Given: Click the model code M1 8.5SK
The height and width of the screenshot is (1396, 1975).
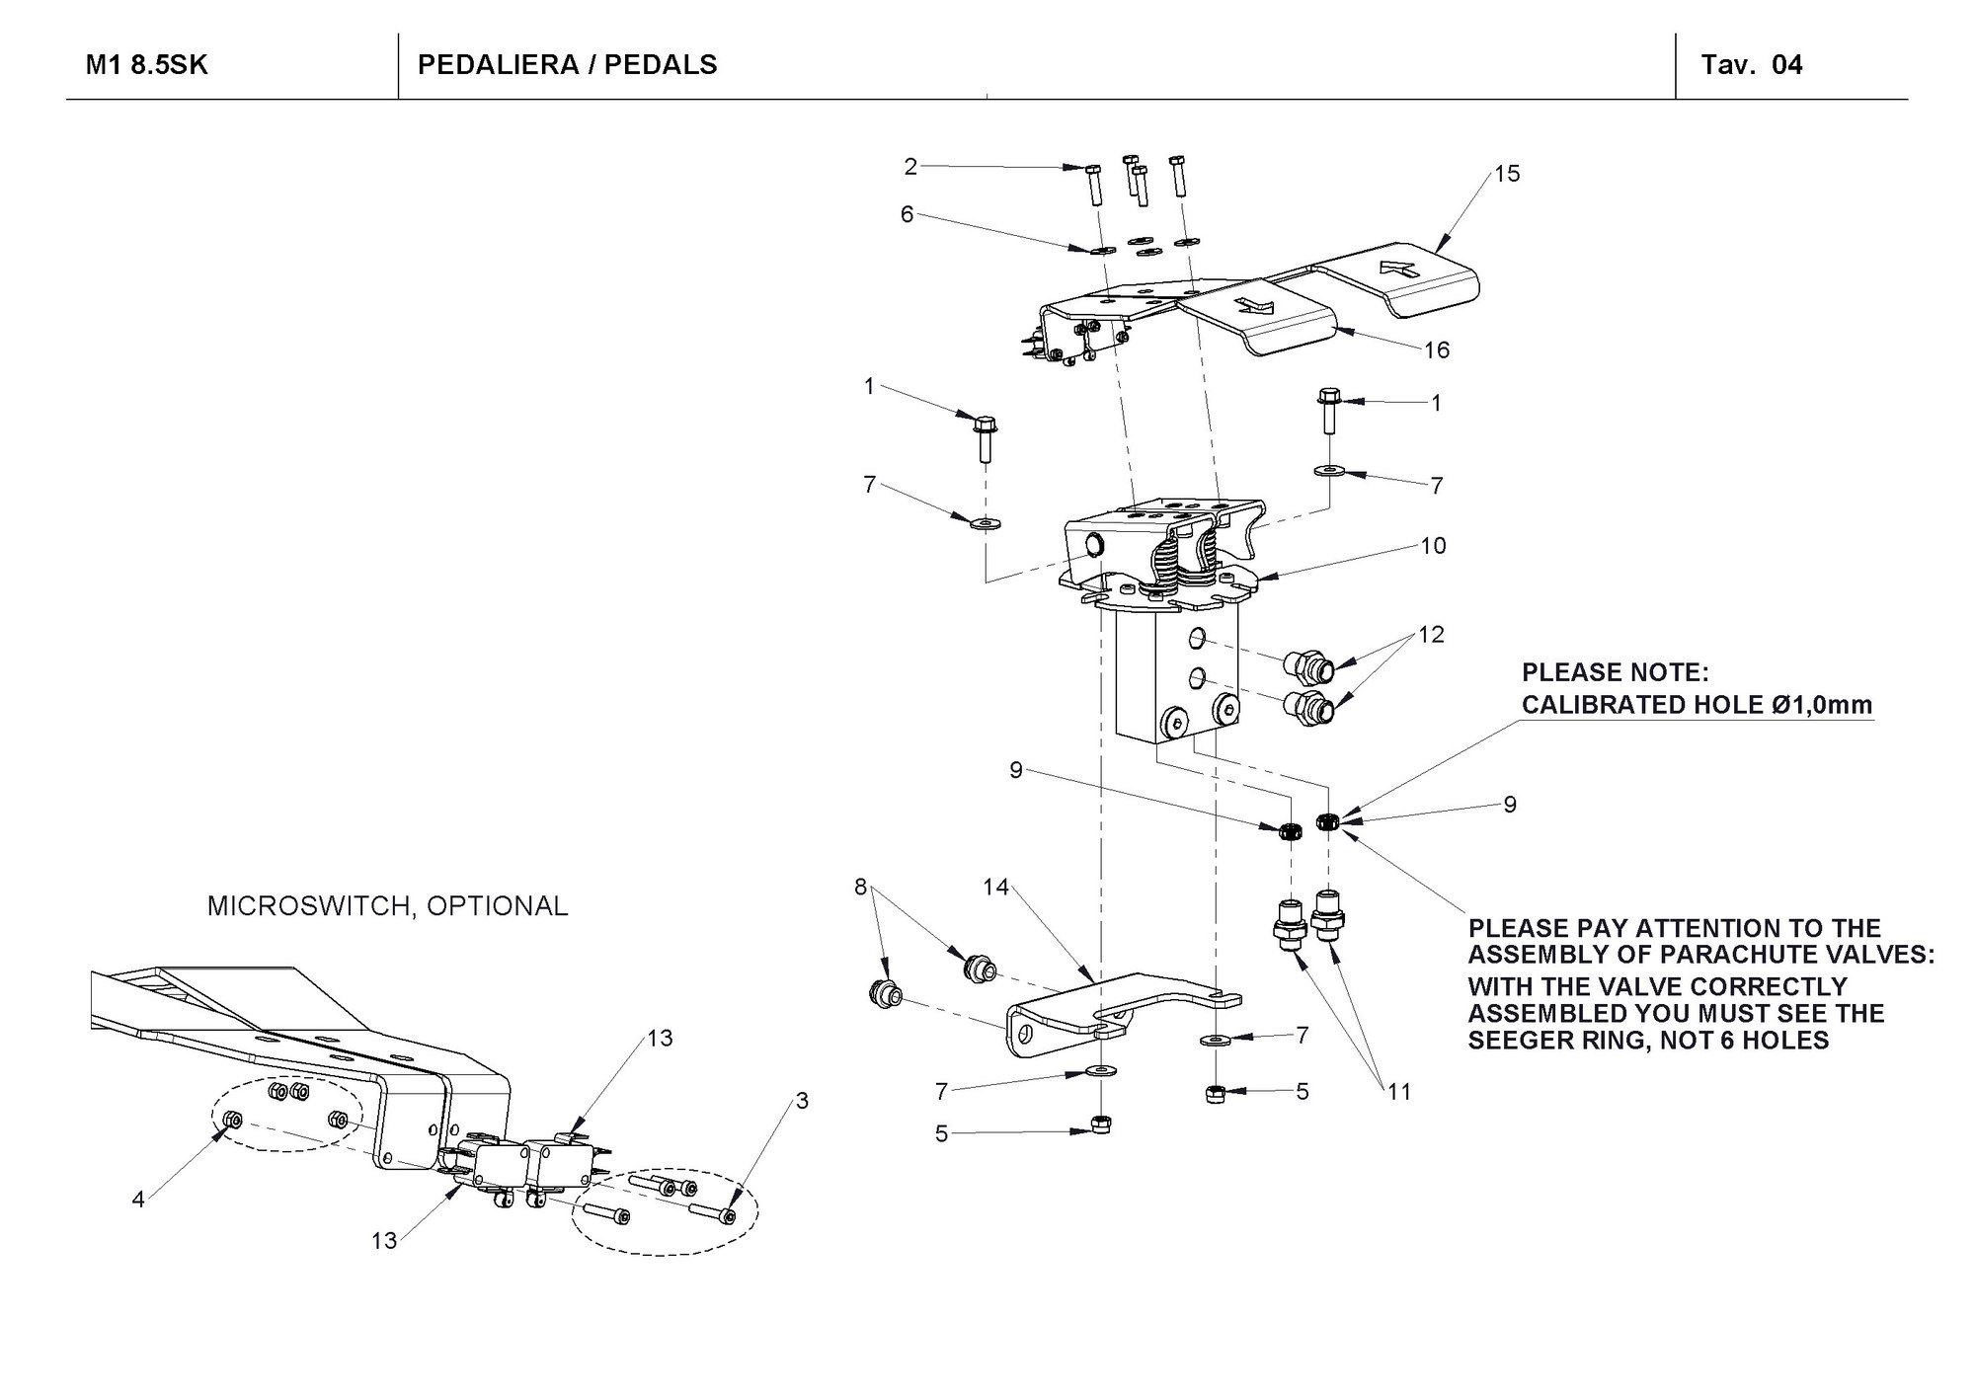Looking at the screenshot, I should click(x=147, y=65).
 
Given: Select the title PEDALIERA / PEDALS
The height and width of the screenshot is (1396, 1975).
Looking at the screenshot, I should click(x=567, y=65).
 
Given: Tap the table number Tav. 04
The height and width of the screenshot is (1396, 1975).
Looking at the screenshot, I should click(x=1751, y=65).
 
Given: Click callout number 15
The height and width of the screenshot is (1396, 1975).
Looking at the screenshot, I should click(x=1507, y=174).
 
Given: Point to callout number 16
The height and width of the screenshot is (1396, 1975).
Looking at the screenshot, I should click(x=1436, y=349).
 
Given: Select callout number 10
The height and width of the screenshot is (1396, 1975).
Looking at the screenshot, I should click(x=1433, y=546).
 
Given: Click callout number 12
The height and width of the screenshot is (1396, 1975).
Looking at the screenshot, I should click(x=1431, y=635).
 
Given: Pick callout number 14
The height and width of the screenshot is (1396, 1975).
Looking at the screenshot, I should click(x=995, y=887).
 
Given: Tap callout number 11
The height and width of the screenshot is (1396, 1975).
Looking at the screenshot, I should click(x=1399, y=1091).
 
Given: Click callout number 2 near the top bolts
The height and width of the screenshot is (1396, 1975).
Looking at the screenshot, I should click(x=910, y=167).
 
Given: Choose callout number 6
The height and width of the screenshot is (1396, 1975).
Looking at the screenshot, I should click(x=907, y=213).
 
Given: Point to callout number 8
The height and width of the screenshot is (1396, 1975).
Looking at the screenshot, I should click(x=861, y=887).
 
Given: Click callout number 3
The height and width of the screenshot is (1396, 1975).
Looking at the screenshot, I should click(x=802, y=1100).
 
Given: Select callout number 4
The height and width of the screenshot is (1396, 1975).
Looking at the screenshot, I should click(x=138, y=1199).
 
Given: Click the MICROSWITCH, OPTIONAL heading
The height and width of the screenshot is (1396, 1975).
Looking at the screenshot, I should click(x=387, y=906).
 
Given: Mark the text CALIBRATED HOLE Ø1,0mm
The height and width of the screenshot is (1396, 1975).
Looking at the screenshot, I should click(x=1696, y=705).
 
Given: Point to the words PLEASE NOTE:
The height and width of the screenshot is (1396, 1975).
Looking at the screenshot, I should click(x=1615, y=673).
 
